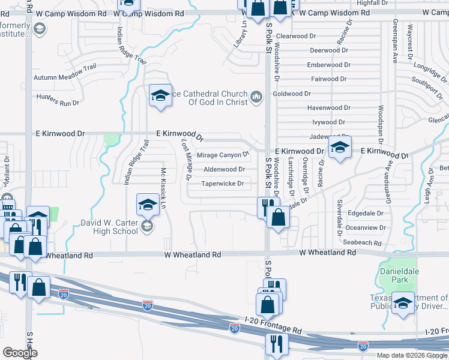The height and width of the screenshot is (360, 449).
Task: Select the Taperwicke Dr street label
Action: (223, 184)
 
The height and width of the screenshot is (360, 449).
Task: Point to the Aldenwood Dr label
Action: (224, 170)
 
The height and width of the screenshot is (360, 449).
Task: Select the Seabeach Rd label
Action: (364, 242)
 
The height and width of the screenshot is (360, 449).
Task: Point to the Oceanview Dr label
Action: (366, 228)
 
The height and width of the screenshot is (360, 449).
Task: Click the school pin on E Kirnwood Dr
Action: (339, 148)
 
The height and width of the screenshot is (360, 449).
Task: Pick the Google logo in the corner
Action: (20, 352)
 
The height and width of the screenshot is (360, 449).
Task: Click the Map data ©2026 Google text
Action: (411, 355)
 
